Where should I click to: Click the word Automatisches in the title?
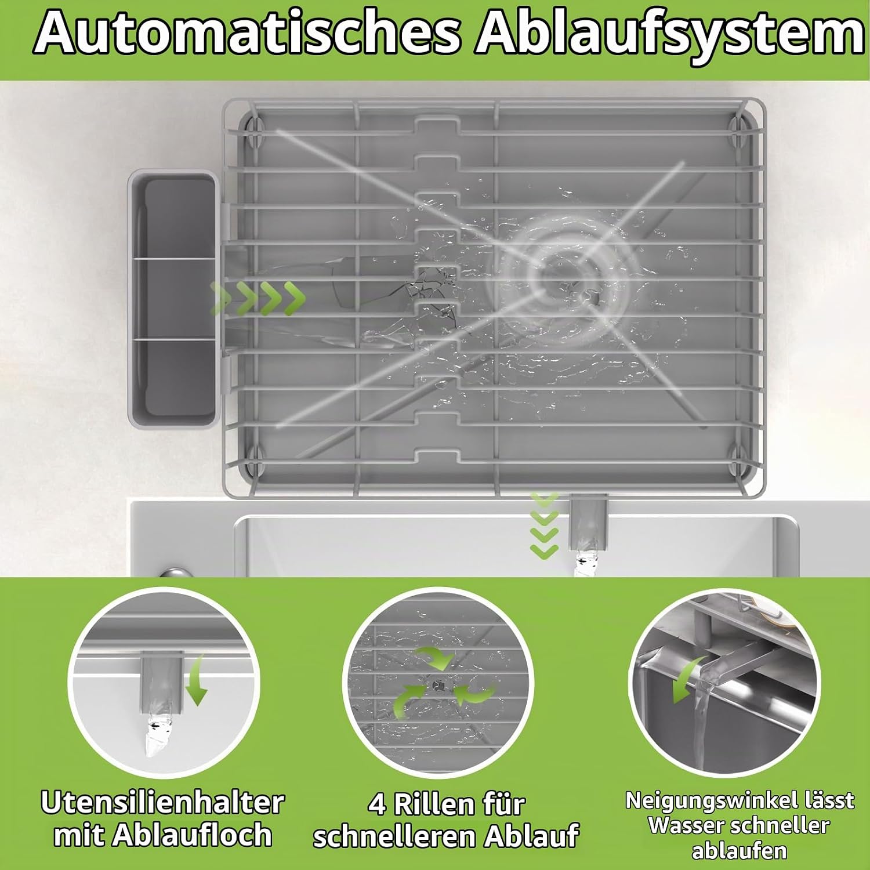(248, 33)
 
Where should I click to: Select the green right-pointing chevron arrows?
(259, 298)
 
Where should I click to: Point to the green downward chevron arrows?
(545, 525)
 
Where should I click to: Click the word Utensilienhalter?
(162, 803)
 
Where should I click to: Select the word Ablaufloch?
(193, 835)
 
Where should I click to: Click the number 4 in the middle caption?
(377, 805)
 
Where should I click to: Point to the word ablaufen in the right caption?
(739, 851)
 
